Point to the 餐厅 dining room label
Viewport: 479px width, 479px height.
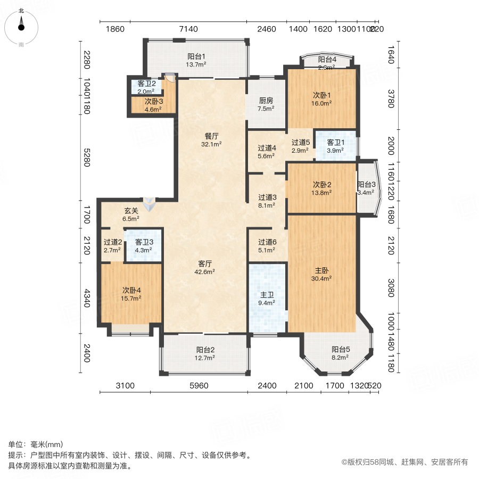(211, 135)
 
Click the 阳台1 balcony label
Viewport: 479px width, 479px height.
(196, 56)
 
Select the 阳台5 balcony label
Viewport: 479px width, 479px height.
(341, 350)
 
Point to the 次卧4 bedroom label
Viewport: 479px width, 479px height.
(132, 290)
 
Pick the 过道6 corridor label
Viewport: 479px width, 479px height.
(267, 242)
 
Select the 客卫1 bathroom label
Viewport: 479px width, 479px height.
(335, 143)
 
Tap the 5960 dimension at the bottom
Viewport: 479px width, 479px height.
(199, 386)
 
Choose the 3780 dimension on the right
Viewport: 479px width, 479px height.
(391, 99)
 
